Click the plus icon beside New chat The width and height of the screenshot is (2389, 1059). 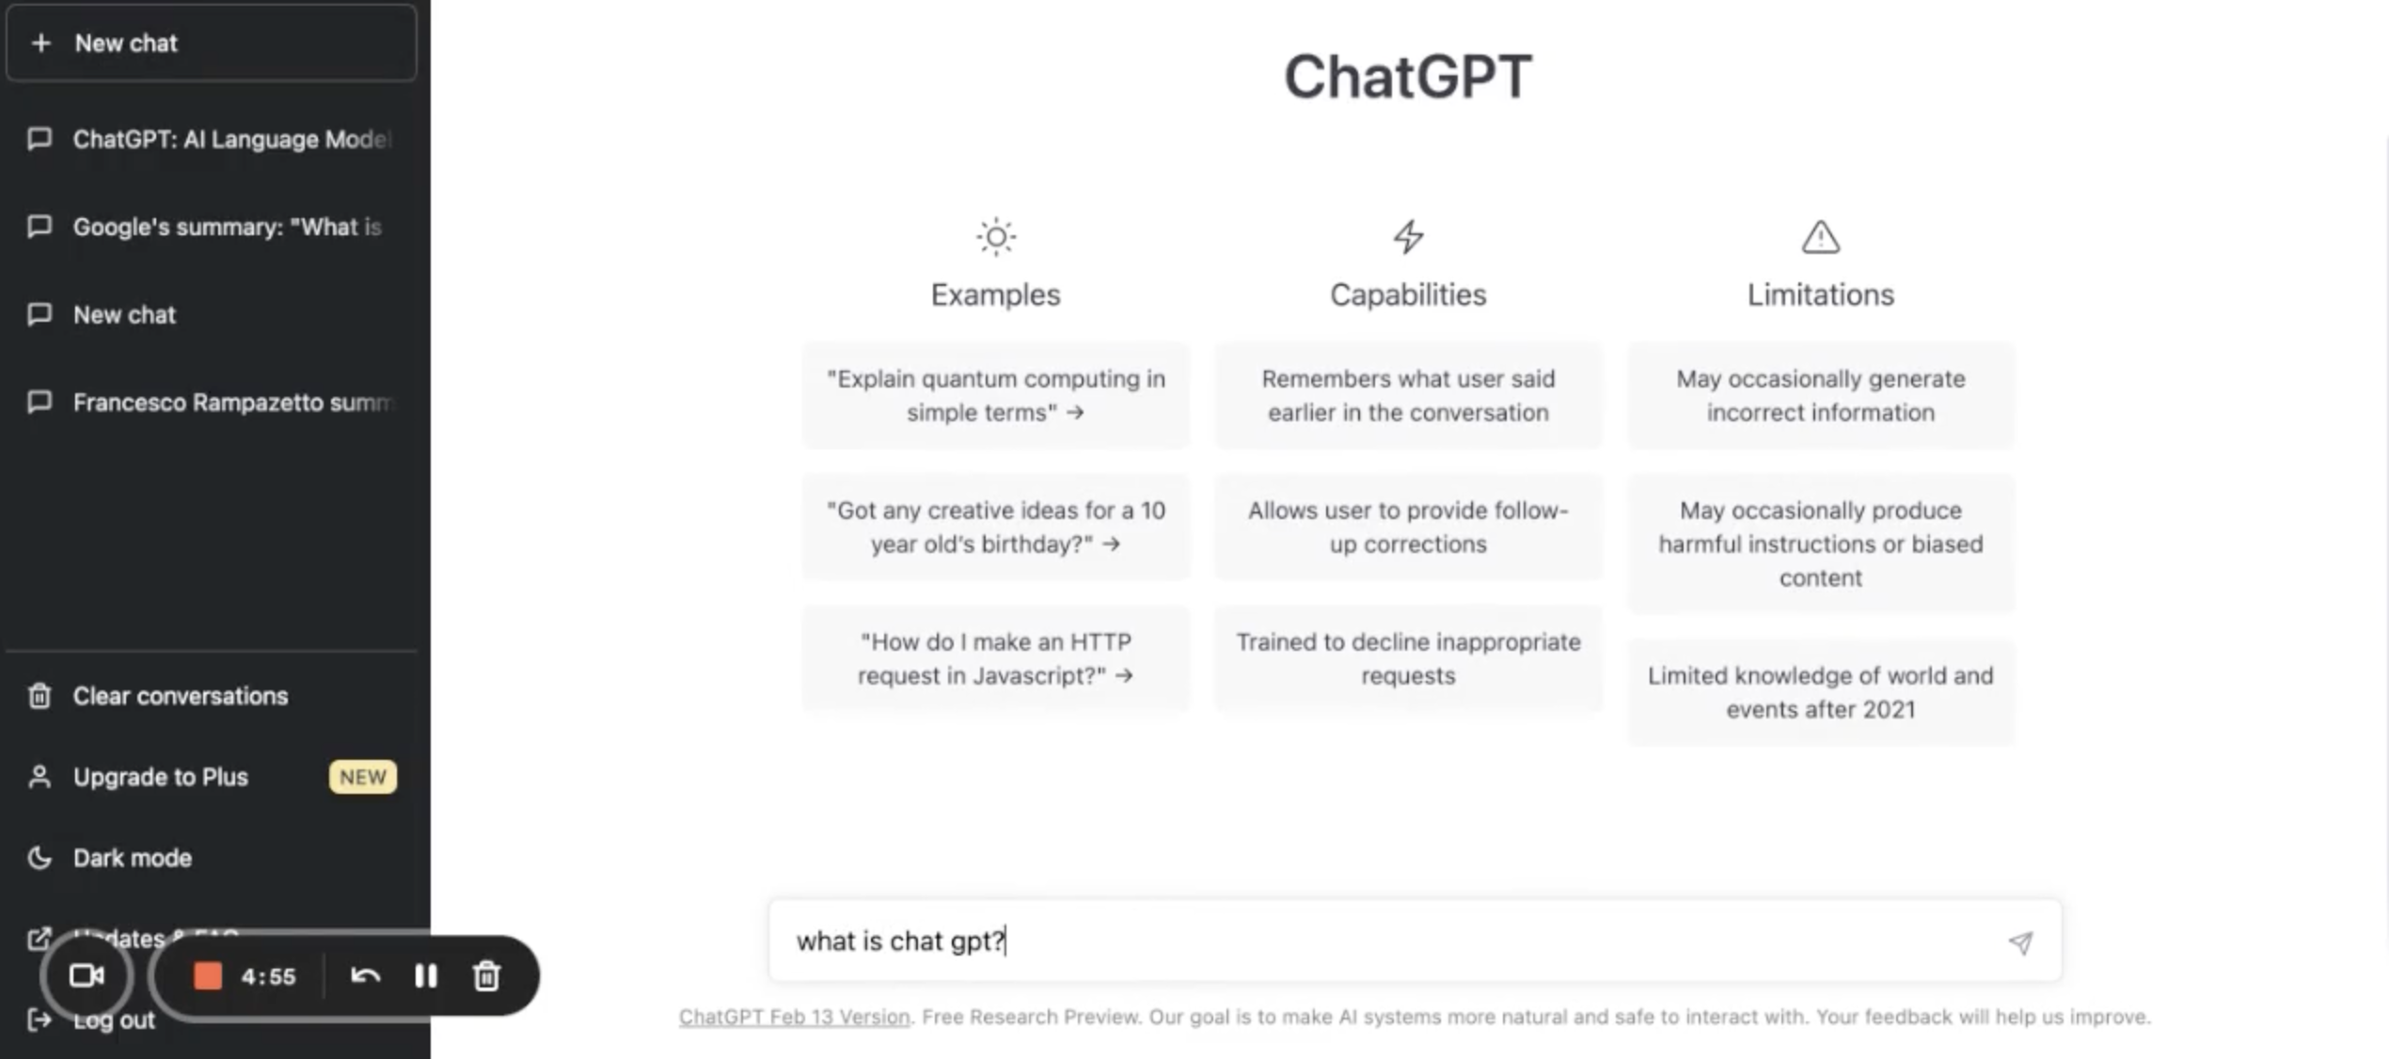[x=40, y=43]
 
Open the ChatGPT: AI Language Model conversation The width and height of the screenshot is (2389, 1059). [x=229, y=139]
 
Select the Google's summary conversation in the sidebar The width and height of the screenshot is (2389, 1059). [x=226, y=227]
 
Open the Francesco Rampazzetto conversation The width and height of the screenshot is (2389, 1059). [x=229, y=403]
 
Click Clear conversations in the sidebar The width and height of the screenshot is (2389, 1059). [x=180, y=696]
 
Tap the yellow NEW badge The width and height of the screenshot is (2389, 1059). [x=362, y=777]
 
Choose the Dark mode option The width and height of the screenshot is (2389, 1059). [x=132, y=858]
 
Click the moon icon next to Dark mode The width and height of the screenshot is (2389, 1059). [x=40, y=858]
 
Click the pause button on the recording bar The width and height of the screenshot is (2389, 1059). [x=426, y=976]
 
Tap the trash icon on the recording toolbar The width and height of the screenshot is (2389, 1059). [x=486, y=976]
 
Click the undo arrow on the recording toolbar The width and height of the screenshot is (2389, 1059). [x=365, y=976]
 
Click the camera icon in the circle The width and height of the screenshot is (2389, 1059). [x=87, y=976]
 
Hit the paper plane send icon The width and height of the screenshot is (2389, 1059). [x=2020, y=942]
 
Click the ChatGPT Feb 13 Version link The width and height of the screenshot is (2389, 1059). [x=794, y=1017]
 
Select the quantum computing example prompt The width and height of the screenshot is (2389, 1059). [x=995, y=395]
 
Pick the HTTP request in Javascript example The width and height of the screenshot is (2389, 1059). [x=995, y=658]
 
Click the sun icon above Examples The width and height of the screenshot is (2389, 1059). [x=995, y=237]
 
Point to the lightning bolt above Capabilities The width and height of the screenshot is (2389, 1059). [x=1408, y=237]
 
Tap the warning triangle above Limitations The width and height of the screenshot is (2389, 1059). [x=1820, y=237]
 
